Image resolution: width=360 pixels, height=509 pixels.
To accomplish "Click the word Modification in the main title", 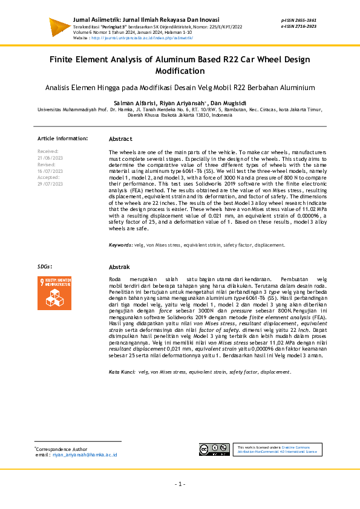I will [x=180, y=71].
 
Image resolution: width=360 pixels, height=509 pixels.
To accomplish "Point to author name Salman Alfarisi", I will [x=134, y=103].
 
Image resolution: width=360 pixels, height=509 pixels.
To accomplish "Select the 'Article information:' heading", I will [x=62, y=138].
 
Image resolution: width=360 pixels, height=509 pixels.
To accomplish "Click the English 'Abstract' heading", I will [x=120, y=138].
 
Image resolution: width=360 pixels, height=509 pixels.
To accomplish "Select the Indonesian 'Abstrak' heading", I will [x=119, y=267].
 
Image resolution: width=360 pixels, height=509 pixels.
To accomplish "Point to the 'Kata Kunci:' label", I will [x=122, y=372].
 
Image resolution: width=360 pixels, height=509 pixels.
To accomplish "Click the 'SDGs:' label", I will [x=45, y=267].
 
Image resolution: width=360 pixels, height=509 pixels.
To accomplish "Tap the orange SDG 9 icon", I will [x=56, y=295].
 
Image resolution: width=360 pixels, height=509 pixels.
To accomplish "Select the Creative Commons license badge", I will [x=214, y=449].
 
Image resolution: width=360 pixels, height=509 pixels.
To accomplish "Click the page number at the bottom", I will [x=180, y=484].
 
